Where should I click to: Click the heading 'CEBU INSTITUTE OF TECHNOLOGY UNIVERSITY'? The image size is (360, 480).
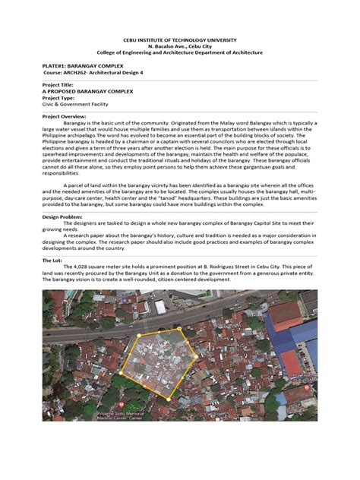point(179,39)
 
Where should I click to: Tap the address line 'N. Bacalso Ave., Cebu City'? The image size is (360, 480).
point(179,46)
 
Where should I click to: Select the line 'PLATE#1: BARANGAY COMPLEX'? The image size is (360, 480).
point(76,67)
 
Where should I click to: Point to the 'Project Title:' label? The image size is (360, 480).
point(60,84)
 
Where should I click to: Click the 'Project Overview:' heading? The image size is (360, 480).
point(66,116)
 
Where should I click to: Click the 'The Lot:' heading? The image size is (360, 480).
point(54,259)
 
